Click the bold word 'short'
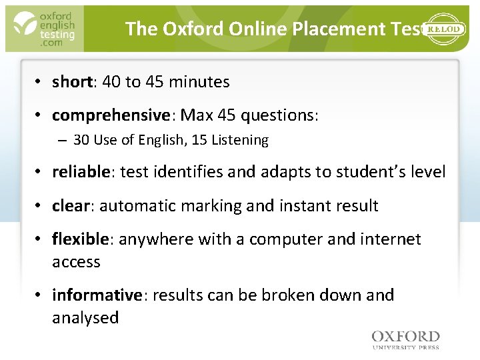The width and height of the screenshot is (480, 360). point(72,82)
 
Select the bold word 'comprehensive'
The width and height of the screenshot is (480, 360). point(110,116)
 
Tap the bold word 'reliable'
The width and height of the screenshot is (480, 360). point(81,172)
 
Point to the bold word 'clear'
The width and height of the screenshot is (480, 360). point(69,206)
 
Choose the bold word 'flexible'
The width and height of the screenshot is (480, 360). point(79,239)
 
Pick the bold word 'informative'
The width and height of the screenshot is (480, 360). point(97,295)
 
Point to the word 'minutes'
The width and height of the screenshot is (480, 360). point(199,82)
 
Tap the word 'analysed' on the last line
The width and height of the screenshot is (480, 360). point(85,318)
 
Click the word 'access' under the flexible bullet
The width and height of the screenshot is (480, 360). point(76,262)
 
